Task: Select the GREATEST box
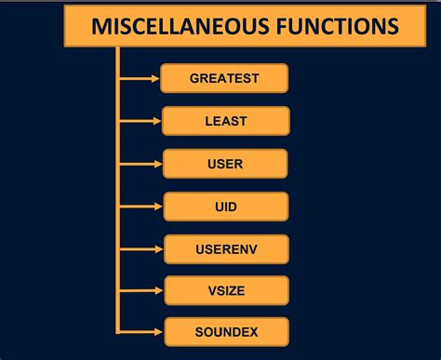224,78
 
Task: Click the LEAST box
225,121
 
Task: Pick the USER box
225,164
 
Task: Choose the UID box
225,207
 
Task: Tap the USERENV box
225,249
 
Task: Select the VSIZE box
225,289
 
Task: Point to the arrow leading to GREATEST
140,78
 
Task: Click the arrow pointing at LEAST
140,121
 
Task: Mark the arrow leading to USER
140,164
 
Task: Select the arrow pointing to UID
140,207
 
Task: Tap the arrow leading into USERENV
140,249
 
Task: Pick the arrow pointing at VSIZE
140,289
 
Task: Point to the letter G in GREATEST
194,78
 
